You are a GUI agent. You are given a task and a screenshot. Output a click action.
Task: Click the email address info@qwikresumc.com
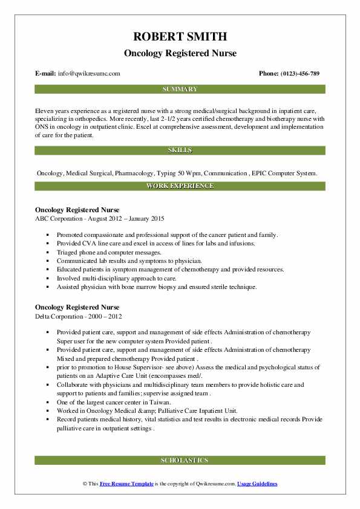click(x=89, y=73)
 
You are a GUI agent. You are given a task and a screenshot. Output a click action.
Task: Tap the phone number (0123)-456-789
click(x=298, y=73)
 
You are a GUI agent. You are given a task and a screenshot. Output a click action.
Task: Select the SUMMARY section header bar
click(x=180, y=89)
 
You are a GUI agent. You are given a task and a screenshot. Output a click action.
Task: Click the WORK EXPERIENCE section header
click(x=180, y=186)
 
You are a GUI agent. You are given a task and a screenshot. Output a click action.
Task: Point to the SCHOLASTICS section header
click(x=180, y=461)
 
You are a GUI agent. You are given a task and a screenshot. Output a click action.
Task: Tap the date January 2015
click(x=145, y=218)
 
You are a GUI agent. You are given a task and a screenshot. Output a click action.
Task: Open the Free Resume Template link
click(x=125, y=484)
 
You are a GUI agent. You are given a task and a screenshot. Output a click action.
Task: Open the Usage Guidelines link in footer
click(x=257, y=484)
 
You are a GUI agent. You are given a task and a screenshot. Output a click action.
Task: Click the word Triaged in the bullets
click(x=68, y=252)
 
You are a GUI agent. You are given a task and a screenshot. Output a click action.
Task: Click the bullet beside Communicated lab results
click(x=48, y=261)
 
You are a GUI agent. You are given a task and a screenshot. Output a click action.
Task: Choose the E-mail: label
click(x=46, y=73)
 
